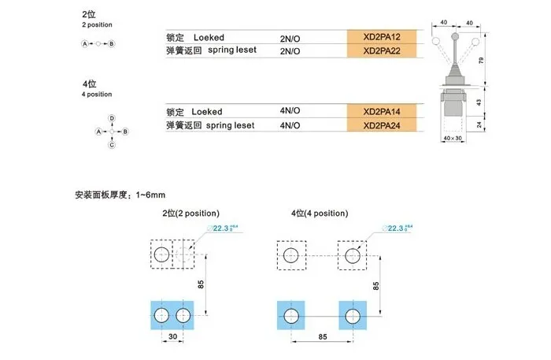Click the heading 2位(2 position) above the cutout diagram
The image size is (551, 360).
pos(190,213)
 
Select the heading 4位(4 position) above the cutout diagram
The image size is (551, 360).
pos(318,213)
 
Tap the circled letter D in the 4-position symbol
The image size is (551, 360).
pos(112,117)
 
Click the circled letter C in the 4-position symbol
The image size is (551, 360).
pos(112,145)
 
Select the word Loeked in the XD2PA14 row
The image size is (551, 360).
pos(208,112)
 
